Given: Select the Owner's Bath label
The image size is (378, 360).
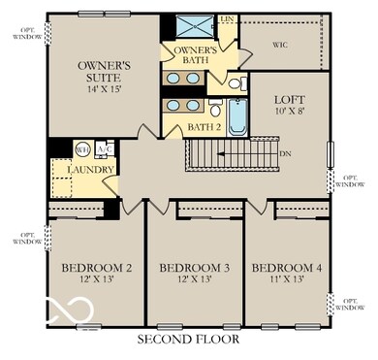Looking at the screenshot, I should (194, 55).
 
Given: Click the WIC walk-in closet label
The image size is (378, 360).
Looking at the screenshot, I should (280, 45).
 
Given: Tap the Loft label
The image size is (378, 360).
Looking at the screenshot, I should (289, 98).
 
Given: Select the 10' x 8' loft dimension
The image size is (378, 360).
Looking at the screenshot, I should (289, 114).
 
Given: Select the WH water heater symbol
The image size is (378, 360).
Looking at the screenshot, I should (82, 149).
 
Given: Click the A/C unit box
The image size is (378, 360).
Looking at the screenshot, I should (106, 148).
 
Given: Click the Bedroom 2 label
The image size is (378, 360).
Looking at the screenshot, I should (96, 267).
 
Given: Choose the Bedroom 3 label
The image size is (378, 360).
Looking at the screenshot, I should (193, 267).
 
